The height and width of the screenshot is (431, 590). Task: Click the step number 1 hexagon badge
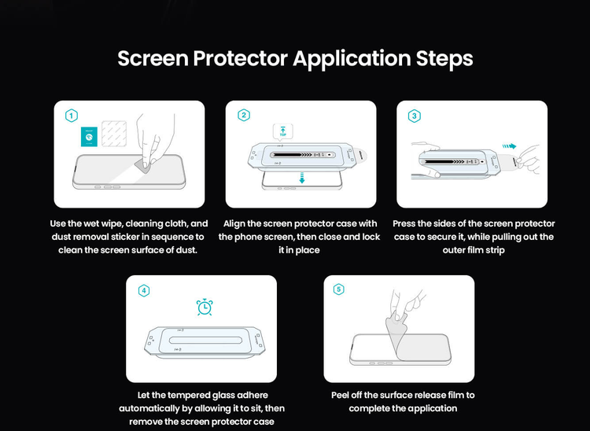(x=72, y=116)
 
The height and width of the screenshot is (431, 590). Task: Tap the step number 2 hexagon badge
(x=244, y=115)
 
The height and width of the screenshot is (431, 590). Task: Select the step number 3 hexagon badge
(x=415, y=116)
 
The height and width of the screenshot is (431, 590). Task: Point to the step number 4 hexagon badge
(x=144, y=290)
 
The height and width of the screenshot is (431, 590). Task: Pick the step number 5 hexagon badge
(x=338, y=289)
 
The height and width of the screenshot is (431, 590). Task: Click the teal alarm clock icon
(x=205, y=307)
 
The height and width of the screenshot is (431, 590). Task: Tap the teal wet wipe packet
(x=89, y=137)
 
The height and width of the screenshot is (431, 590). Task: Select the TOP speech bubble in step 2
(x=282, y=132)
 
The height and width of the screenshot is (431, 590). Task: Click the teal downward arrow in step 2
(x=301, y=178)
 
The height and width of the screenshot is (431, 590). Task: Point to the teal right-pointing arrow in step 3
(x=509, y=146)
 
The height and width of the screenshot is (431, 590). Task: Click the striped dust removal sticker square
(x=114, y=134)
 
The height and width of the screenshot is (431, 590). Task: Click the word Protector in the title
(x=241, y=58)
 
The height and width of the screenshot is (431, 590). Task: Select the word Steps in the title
(x=444, y=59)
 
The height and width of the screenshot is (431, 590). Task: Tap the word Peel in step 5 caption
(x=340, y=395)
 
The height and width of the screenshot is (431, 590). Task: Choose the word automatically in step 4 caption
(x=150, y=408)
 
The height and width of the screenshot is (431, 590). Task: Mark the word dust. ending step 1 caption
(x=186, y=250)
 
